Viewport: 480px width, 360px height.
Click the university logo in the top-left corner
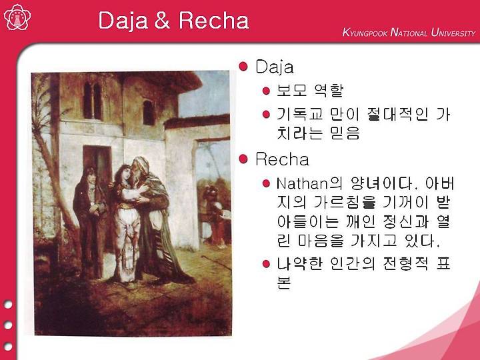[17, 17]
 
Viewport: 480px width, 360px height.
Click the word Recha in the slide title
[214, 21]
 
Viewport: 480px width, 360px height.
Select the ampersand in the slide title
[161, 21]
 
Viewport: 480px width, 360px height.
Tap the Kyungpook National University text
[409, 32]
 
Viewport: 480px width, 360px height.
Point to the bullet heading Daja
[274, 67]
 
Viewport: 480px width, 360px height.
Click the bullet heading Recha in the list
[282, 159]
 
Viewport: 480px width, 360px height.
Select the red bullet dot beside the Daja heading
[243, 67]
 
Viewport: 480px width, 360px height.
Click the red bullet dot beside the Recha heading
[243, 159]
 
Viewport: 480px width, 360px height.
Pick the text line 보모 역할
[309, 90]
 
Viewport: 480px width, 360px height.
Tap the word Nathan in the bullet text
[302, 184]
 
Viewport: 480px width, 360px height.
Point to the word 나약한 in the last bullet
[300, 263]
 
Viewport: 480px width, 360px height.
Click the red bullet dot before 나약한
[266, 263]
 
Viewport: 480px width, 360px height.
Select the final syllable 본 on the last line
[284, 282]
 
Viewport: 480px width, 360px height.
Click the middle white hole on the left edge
[8, 325]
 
